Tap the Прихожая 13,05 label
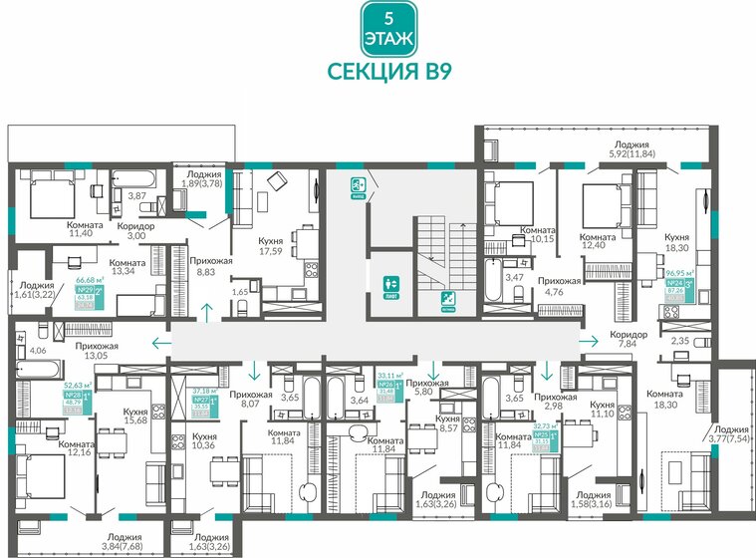click(96, 352)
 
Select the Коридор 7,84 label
click(629, 340)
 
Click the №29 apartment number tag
click(86, 293)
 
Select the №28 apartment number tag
click(73, 395)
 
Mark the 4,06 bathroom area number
click(39, 351)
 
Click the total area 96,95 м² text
click(681, 271)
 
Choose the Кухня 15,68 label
click(136, 416)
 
